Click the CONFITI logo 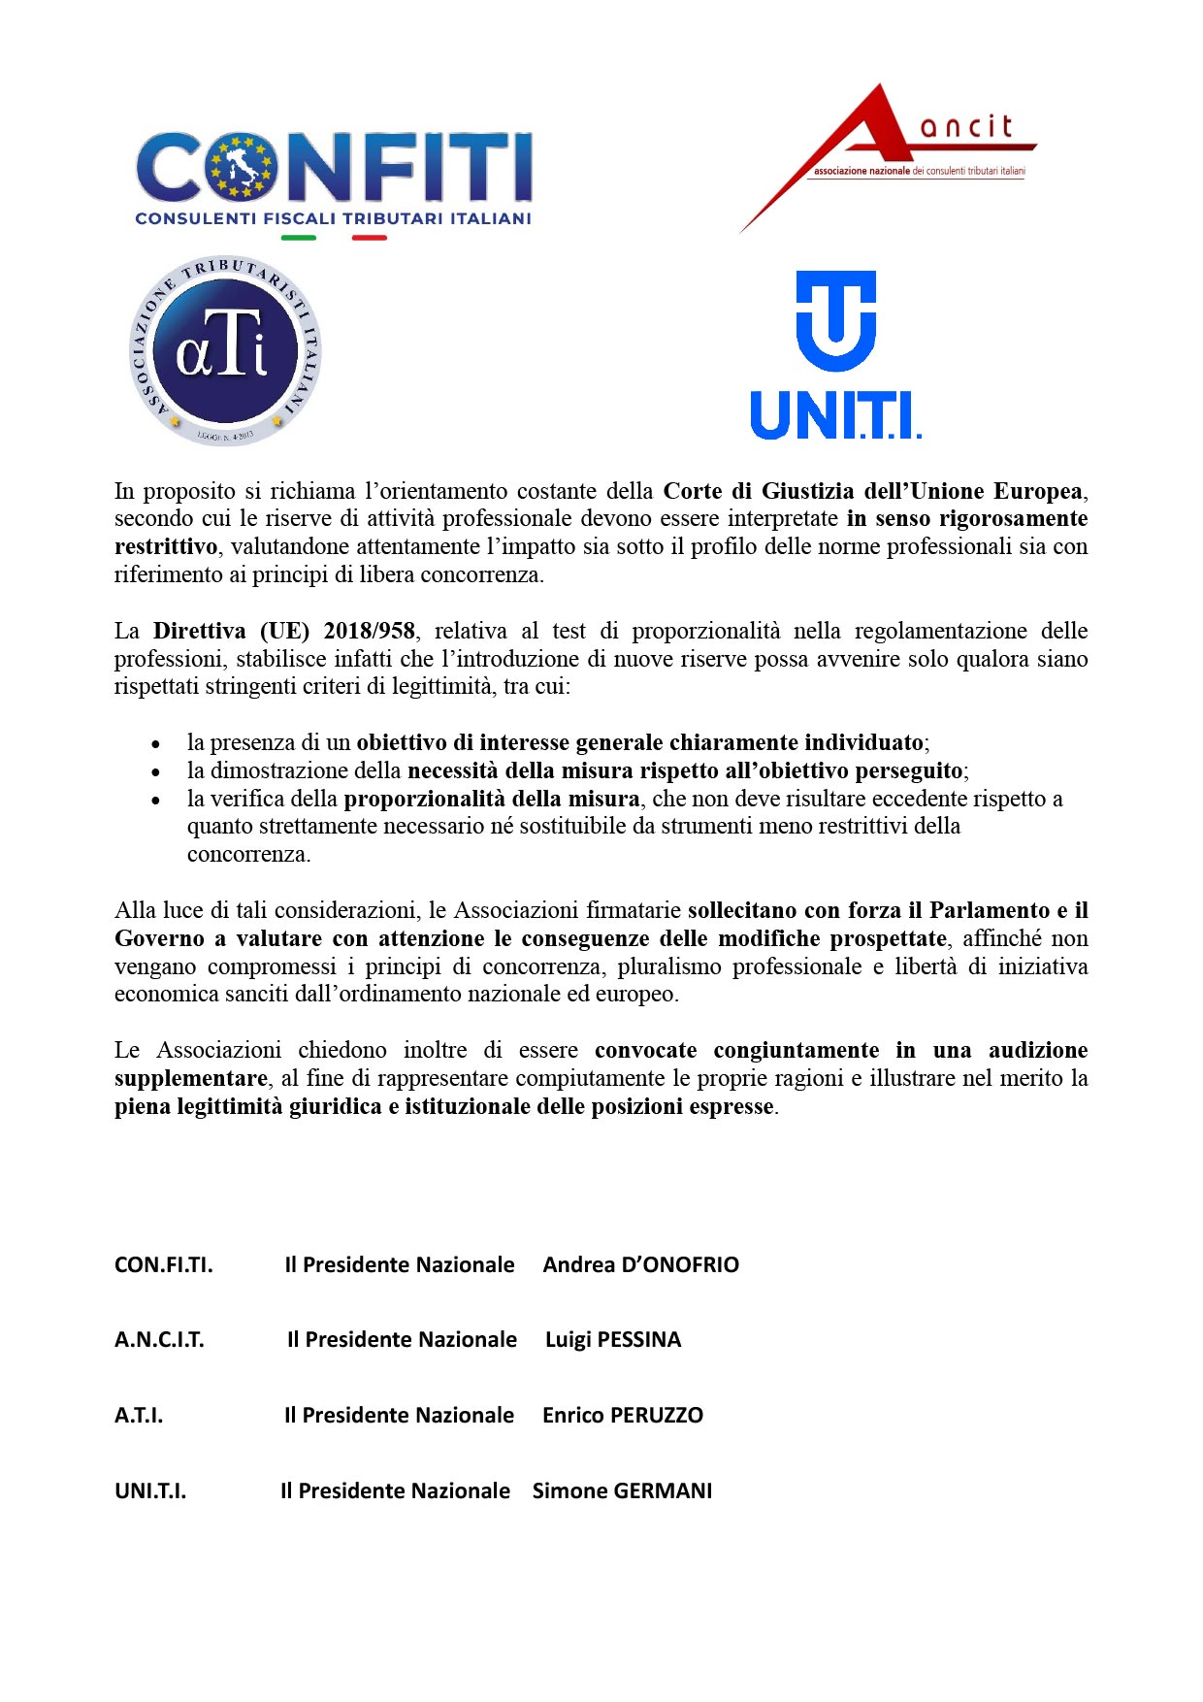point(333,180)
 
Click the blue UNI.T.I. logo point(835,355)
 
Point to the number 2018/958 point(370,631)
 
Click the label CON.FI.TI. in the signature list point(163,1264)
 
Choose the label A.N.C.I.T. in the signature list point(159,1339)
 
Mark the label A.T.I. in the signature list point(139,1415)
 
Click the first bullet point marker point(155,744)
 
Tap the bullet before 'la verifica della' point(155,801)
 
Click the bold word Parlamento point(990,910)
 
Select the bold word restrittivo point(166,546)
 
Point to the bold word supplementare point(190,1078)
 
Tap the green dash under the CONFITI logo point(298,238)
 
